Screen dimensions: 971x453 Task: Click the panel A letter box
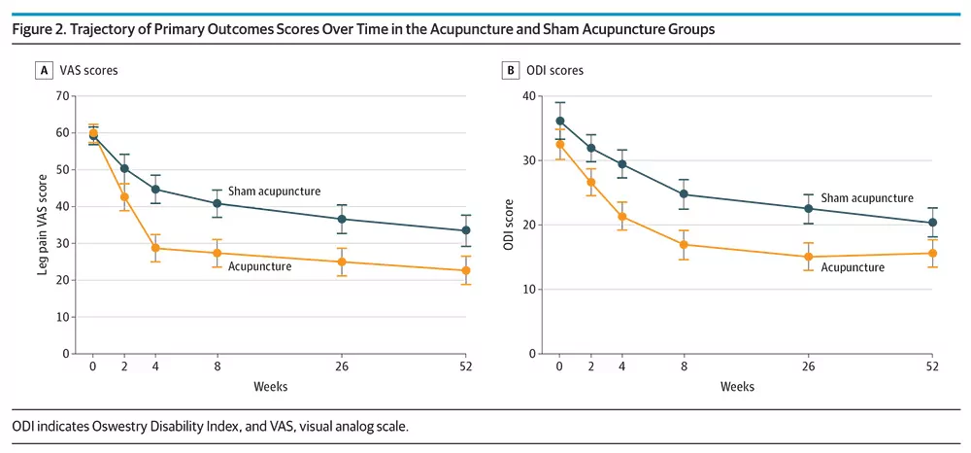44,71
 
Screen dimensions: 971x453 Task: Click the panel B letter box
510,71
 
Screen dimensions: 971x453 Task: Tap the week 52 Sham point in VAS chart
466,230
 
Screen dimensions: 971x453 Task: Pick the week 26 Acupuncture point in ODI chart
808,258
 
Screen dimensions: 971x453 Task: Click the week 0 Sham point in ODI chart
560,122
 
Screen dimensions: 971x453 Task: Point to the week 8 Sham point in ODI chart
684,194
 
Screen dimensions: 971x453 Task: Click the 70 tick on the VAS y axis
61,96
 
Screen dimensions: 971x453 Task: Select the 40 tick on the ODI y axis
527,96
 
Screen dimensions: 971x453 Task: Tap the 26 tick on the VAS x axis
341,366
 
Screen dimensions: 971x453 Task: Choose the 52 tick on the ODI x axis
932,366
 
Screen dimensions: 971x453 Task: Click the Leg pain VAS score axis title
42,225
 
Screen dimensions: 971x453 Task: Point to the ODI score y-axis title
509,225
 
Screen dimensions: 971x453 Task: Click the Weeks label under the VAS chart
271,387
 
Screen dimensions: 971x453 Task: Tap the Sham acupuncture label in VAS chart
275,191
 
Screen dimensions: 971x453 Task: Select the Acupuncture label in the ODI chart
853,267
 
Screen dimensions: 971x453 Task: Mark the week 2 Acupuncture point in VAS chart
124,197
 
